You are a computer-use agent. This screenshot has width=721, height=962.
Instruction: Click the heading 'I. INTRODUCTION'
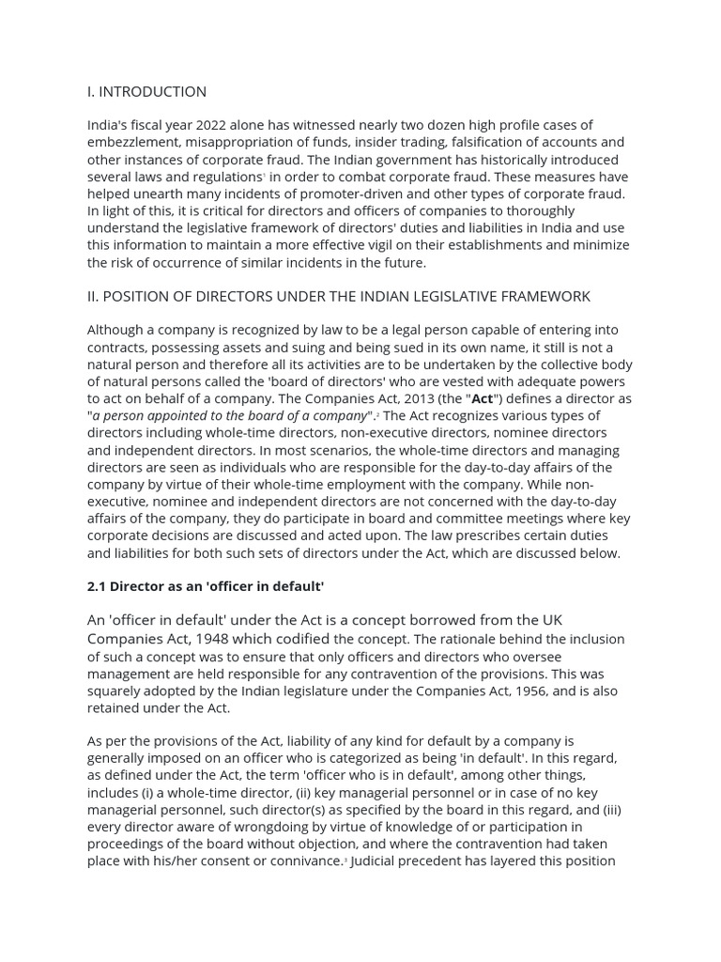[146, 92]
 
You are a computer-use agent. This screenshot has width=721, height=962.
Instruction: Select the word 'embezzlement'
[130, 142]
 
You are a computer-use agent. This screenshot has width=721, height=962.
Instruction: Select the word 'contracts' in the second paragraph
[116, 348]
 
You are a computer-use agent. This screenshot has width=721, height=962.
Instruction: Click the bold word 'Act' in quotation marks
[482, 398]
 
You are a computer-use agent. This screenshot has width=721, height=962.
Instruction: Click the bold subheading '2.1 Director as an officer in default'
[206, 586]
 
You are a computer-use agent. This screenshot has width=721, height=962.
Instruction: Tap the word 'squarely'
[115, 691]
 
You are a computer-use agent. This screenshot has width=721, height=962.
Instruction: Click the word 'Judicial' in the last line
[377, 861]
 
